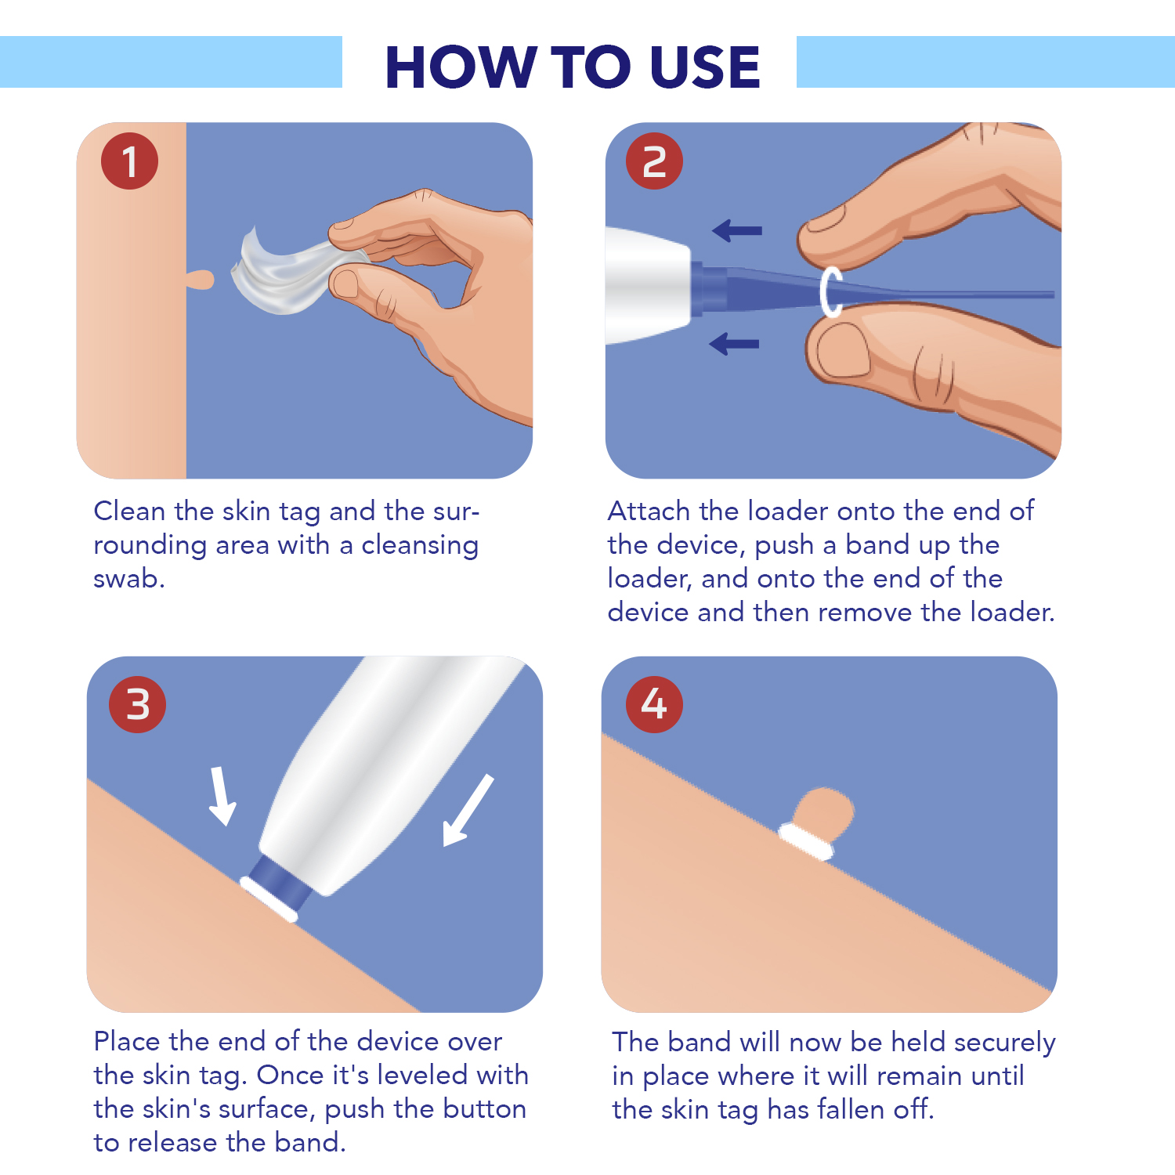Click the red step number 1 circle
click(x=129, y=161)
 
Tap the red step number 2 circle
click(x=654, y=161)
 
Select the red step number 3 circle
click(x=138, y=704)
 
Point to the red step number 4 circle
click(x=654, y=704)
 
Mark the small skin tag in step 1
click(x=201, y=279)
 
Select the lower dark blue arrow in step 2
click(x=734, y=343)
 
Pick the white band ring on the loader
click(x=830, y=291)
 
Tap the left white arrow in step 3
click(x=222, y=795)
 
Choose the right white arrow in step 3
click(x=468, y=811)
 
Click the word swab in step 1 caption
click(x=128, y=579)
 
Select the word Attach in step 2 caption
click(x=649, y=511)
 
